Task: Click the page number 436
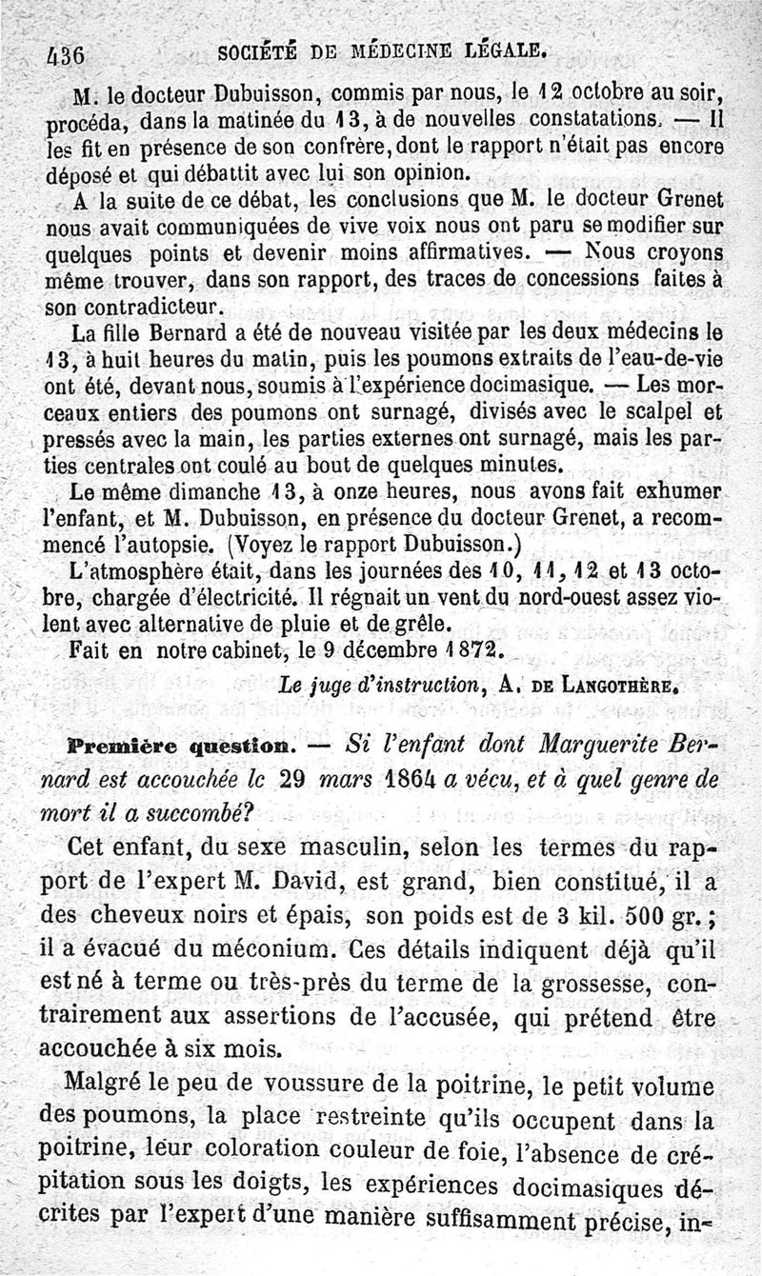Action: (66, 53)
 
